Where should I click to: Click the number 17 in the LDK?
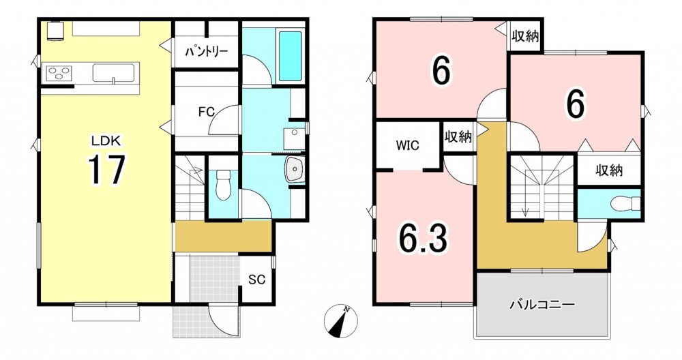pos(106,170)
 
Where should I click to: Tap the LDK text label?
pos(108,140)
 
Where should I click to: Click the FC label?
pos(207,112)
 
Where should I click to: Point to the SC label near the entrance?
pos(257,280)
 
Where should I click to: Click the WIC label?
pos(408,145)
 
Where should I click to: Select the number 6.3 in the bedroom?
pos(424,238)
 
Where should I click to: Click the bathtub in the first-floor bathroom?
pos(290,56)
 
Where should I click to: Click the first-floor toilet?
pos(223,185)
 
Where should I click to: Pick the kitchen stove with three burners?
pos(58,72)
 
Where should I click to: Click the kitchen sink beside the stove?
pos(113,72)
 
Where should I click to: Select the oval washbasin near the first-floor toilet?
pos(295,168)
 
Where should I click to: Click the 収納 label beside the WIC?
pos(458,137)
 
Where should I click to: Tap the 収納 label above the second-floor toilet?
pos(609,171)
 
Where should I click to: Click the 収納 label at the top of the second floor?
pos(525,36)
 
